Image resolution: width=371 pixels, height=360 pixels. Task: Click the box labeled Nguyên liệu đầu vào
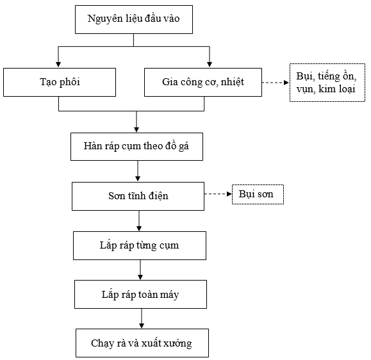click(x=134, y=19)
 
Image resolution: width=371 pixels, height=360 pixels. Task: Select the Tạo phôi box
click(x=60, y=82)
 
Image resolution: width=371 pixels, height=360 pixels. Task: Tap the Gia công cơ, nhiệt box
click(x=203, y=82)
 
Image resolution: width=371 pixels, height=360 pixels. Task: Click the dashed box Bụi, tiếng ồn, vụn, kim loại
click(x=327, y=83)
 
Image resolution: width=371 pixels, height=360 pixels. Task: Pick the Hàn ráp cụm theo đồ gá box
click(x=136, y=147)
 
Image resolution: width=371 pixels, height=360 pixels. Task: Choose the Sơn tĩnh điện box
click(x=138, y=196)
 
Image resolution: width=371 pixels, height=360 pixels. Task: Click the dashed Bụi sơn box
click(x=258, y=194)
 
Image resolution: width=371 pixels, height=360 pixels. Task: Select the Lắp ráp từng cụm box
click(x=139, y=245)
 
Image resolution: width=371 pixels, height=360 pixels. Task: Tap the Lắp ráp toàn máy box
click(x=140, y=294)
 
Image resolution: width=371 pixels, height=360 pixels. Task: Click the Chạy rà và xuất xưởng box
click(x=142, y=343)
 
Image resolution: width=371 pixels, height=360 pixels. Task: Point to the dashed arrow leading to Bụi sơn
click(x=218, y=194)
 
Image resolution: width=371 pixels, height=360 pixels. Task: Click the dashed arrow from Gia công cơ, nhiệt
click(x=276, y=83)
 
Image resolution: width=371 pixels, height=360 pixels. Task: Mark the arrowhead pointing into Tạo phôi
click(x=58, y=65)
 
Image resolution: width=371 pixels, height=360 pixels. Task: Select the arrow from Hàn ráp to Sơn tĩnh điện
click(x=138, y=171)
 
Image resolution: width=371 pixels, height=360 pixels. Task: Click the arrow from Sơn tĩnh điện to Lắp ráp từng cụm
click(x=139, y=221)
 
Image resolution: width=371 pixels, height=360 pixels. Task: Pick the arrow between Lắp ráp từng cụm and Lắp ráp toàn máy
click(x=140, y=270)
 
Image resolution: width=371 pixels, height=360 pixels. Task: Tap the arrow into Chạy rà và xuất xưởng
click(x=142, y=318)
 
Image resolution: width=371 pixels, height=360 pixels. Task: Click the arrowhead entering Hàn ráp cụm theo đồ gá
click(x=136, y=129)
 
